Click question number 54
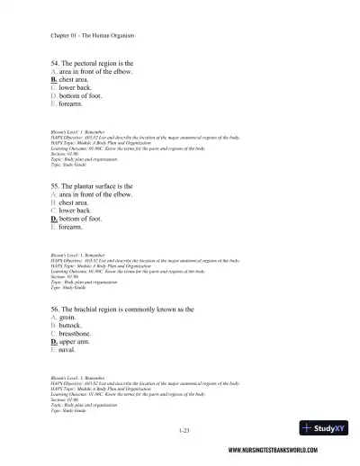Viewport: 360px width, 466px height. point(57,63)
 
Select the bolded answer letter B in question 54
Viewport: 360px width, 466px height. point(54,79)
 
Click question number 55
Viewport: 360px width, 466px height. point(57,186)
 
